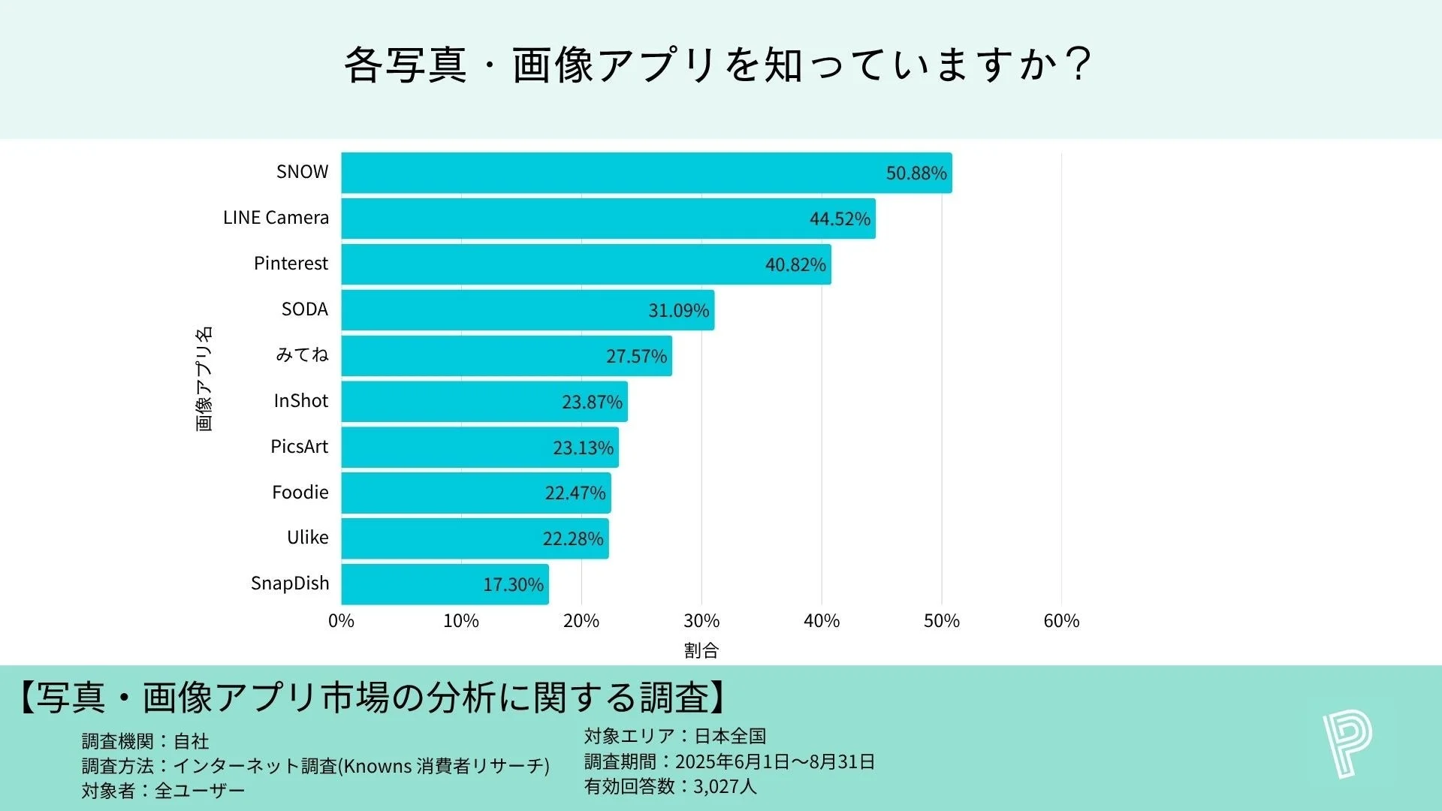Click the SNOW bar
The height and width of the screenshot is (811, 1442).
pos(646,173)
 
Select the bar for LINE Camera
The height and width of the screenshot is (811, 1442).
pos(608,219)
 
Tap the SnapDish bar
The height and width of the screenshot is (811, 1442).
pos(445,584)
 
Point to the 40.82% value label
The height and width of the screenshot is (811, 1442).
pos(795,264)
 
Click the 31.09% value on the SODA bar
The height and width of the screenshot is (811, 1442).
pos(678,310)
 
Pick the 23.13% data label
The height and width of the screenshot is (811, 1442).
pos(583,448)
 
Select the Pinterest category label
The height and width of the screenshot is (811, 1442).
pos(291,264)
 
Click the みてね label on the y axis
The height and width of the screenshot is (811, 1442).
pos(302,354)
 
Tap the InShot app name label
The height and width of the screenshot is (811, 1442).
pos(300,401)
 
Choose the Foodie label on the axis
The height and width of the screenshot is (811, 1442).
pos(300,493)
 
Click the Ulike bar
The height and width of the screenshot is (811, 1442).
pos(475,538)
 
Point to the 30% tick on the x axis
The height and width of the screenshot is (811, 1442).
pos(701,621)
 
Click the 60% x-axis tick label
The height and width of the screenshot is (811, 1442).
pos(1061,621)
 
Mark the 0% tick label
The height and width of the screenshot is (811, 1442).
pos(341,621)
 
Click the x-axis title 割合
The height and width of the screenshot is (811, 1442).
pos(701,650)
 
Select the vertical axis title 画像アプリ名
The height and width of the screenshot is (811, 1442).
pos(204,378)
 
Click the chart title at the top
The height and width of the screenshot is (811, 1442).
pos(717,65)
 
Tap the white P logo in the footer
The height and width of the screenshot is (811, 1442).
pos(1347,744)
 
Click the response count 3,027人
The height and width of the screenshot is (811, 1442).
pos(725,786)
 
